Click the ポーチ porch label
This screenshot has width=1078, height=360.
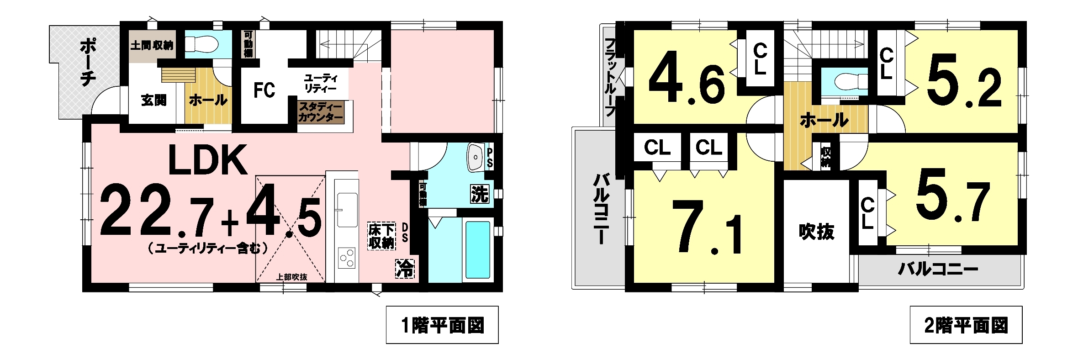click(87, 63)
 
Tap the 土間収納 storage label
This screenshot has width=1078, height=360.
click(152, 46)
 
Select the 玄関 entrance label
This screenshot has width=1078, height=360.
click(153, 100)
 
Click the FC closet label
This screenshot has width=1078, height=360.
click(264, 90)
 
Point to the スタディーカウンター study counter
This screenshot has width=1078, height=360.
click(321, 112)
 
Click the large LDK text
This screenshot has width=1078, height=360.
click(208, 160)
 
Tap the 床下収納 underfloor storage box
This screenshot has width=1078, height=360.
click(382, 236)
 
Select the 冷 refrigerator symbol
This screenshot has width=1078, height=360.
click(405, 269)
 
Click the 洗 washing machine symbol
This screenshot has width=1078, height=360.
click(480, 194)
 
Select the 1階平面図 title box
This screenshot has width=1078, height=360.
click(442, 325)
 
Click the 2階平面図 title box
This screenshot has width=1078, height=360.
click(966, 325)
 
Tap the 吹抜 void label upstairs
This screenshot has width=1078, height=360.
click(817, 232)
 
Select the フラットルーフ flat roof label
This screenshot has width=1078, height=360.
click(610, 77)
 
